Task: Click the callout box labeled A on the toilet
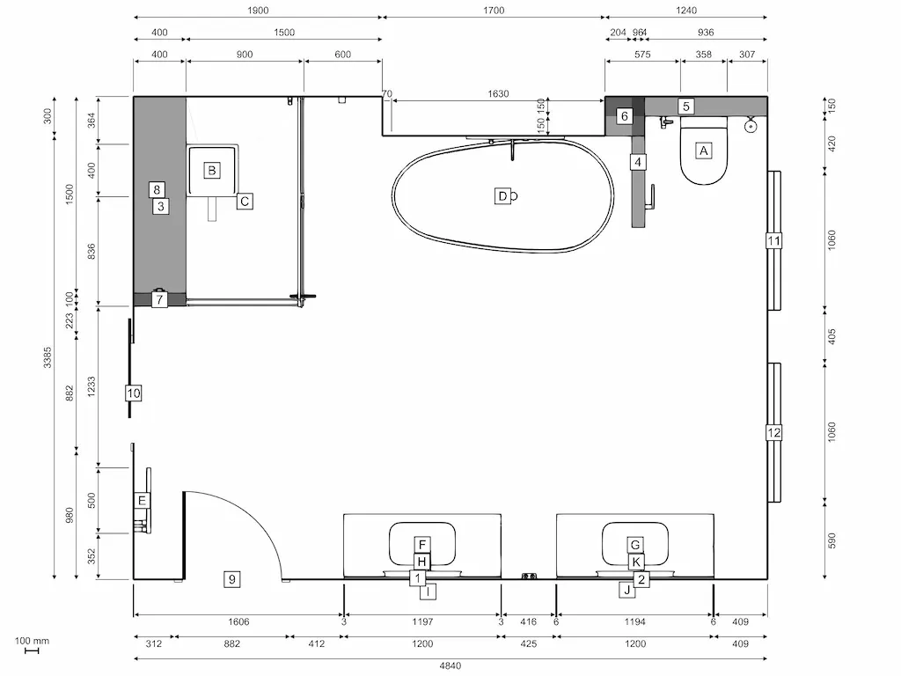pyautogui.click(x=703, y=151)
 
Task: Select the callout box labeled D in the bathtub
pyautogui.click(x=502, y=196)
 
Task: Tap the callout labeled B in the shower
pyautogui.click(x=211, y=170)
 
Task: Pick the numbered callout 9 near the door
pyautogui.click(x=231, y=578)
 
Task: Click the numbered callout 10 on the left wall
pyautogui.click(x=133, y=393)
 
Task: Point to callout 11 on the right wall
pyautogui.click(x=773, y=240)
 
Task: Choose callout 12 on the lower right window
pyautogui.click(x=773, y=432)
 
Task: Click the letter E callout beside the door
pyautogui.click(x=141, y=500)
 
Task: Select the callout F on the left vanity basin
pyautogui.click(x=422, y=545)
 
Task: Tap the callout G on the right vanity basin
pyautogui.click(x=635, y=544)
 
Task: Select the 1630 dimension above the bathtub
pyautogui.click(x=499, y=94)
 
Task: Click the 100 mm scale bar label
pyautogui.click(x=32, y=641)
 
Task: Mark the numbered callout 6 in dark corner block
pyautogui.click(x=624, y=116)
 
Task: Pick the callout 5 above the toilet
pyautogui.click(x=686, y=107)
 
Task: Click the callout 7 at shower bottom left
pyautogui.click(x=158, y=299)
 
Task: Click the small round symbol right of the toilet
pyautogui.click(x=751, y=126)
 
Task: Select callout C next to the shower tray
pyautogui.click(x=245, y=201)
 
